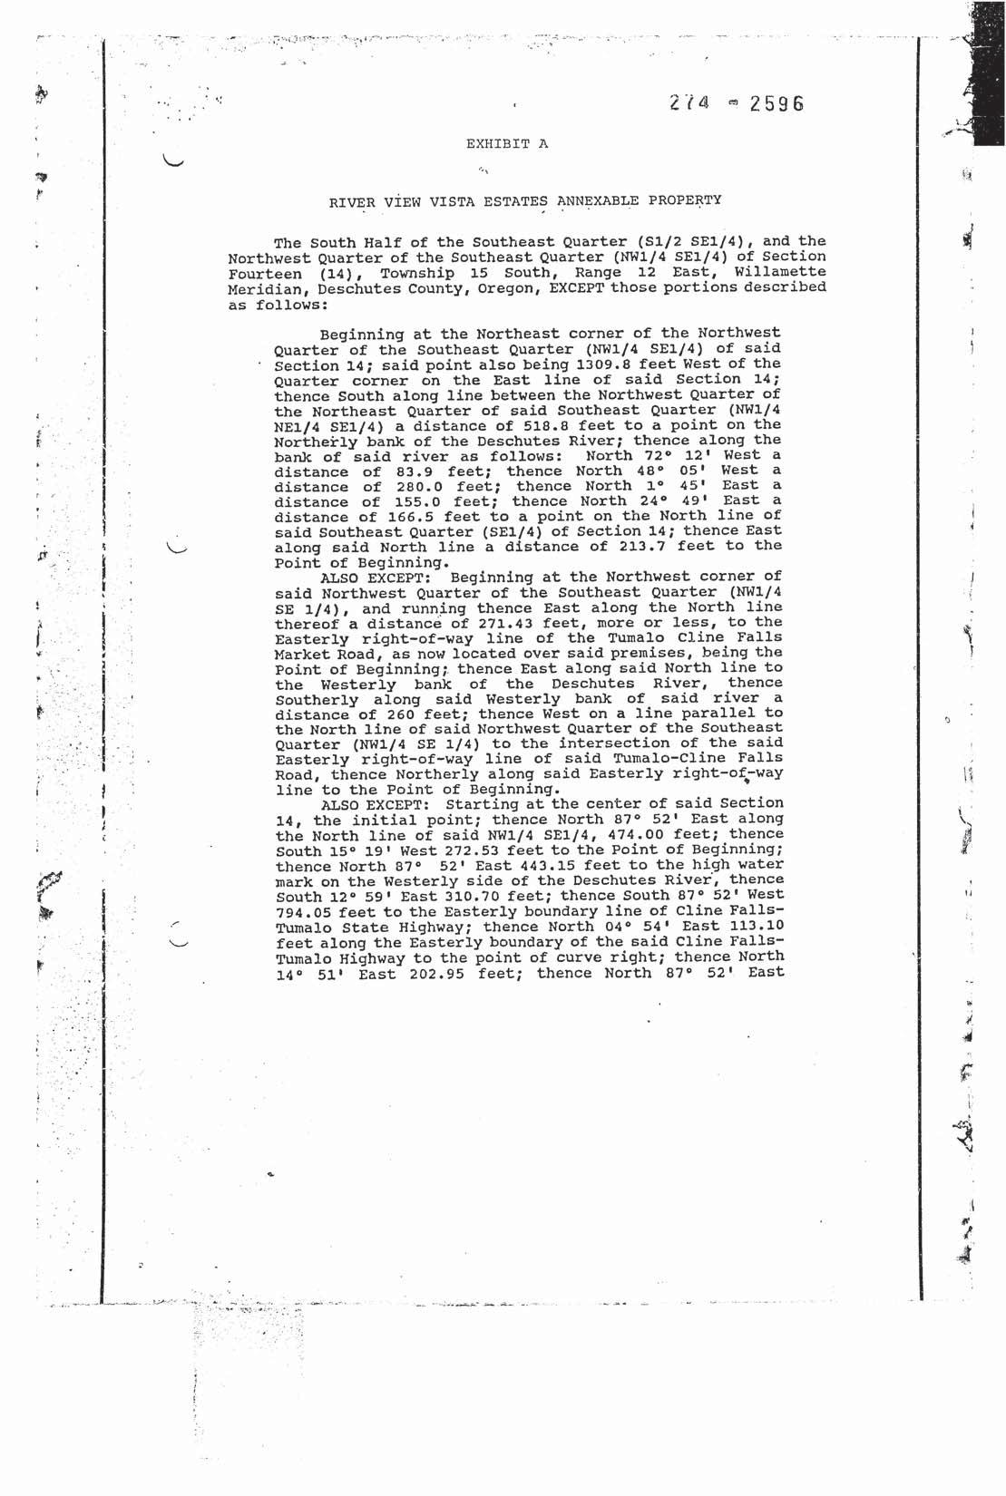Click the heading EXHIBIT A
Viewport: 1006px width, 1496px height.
pyautogui.click(x=507, y=143)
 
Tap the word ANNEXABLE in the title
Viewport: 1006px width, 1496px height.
pyautogui.click(x=607, y=200)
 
